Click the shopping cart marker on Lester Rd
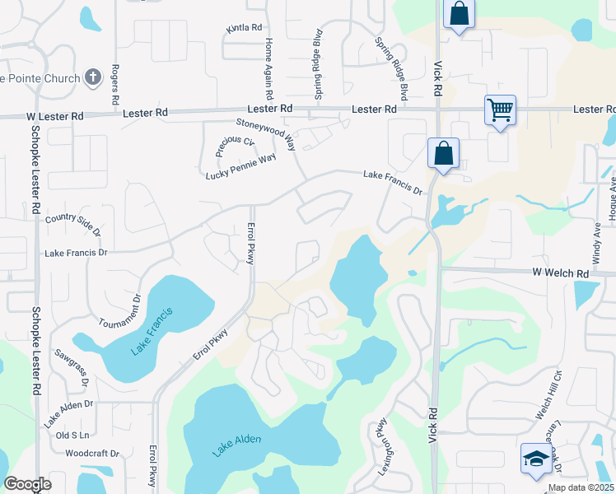pos(501,110)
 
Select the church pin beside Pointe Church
pos(93,78)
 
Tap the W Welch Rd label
pos(560,273)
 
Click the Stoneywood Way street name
pos(266,133)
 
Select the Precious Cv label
pos(235,146)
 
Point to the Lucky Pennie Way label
pos(240,167)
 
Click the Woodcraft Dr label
pos(92,454)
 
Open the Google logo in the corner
pos(28,485)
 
